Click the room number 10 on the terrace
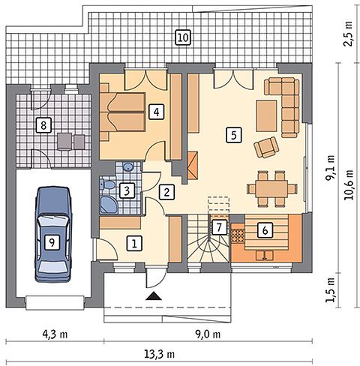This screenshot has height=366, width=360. click(183, 37)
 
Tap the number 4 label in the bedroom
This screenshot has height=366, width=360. click(157, 112)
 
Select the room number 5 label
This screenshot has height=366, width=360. click(234, 135)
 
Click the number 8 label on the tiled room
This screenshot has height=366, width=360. click(43, 125)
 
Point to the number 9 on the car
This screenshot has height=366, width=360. click(52, 241)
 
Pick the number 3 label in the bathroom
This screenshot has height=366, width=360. click(127, 190)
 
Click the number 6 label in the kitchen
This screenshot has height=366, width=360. click(265, 229)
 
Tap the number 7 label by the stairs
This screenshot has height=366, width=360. click(219, 227)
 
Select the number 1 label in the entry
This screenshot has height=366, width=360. click(134, 243)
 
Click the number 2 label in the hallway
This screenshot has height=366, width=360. click(166, 192)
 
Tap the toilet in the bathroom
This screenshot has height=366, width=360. click(107, 184)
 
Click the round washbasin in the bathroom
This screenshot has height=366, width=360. click(128, 166)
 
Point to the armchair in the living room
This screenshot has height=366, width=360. click(266, 147)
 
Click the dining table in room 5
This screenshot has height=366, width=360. click(272, 188)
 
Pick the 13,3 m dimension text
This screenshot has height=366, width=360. click(159, 354)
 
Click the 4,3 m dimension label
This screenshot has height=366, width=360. click(54, 334)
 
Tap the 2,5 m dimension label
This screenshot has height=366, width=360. click(348, 34)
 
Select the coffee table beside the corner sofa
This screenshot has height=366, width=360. click(267, 115)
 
